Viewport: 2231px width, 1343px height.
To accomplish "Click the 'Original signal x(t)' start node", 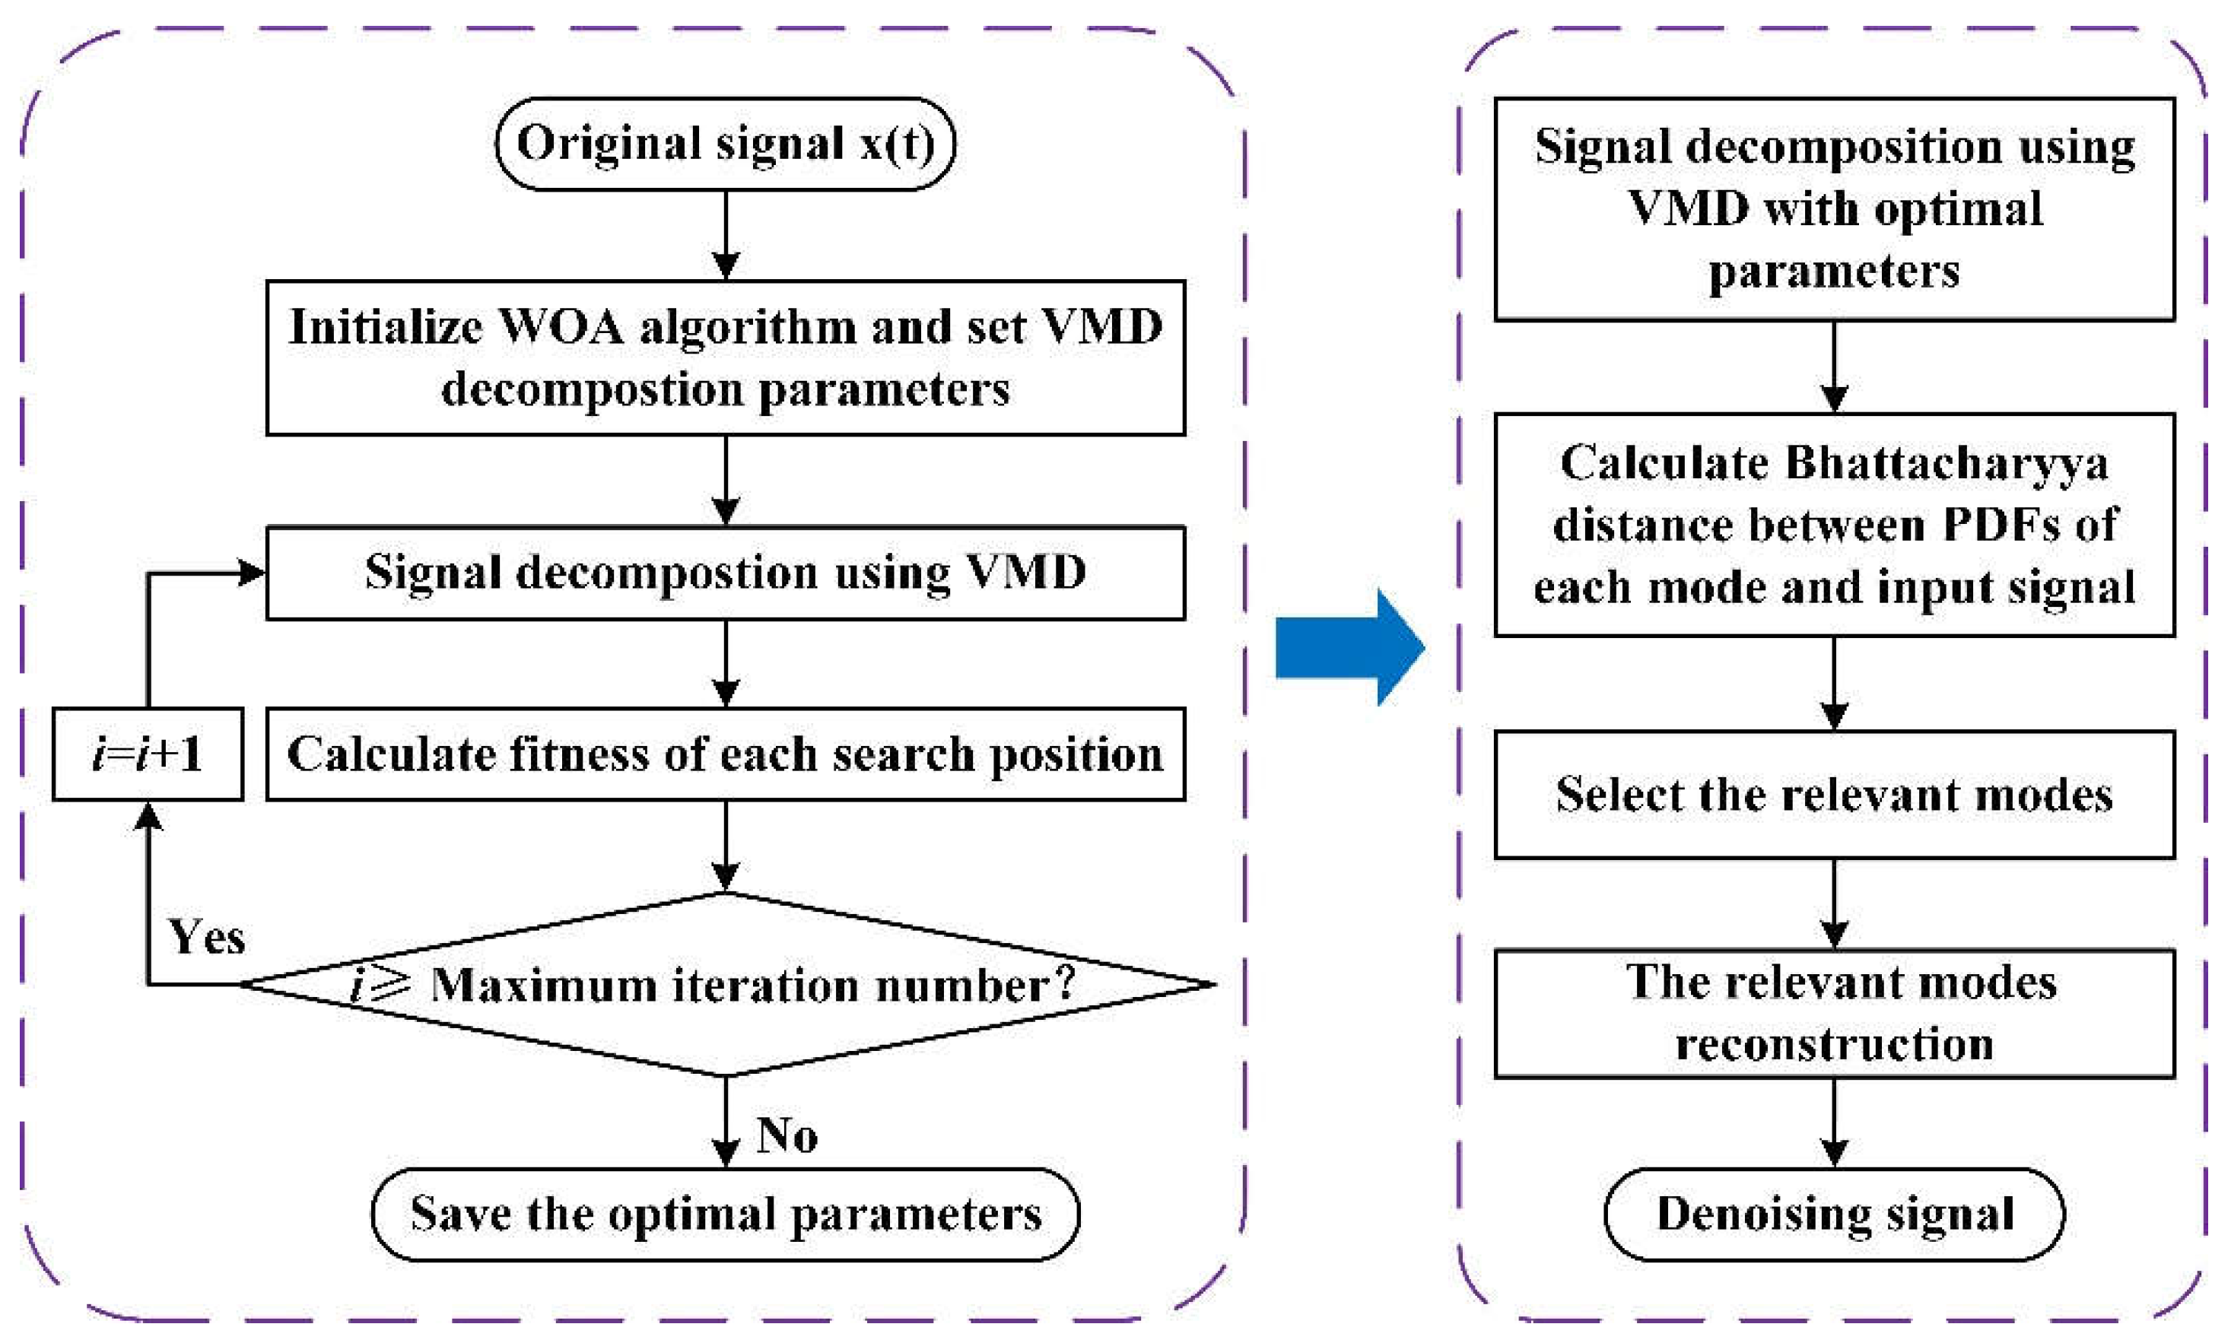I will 725,144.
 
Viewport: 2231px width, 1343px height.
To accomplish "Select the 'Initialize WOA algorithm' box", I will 725,357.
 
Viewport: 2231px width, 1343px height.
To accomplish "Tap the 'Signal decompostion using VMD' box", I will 725,573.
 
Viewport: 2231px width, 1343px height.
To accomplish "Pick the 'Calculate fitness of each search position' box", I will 725,754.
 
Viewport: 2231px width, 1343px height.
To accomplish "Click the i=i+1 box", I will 148,754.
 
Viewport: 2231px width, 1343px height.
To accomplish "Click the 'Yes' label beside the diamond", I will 206,937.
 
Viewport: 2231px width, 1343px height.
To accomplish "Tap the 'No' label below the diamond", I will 786,1134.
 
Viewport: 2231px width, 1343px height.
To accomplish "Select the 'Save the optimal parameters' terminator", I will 725,1214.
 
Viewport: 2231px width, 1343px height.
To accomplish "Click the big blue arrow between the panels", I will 1349,647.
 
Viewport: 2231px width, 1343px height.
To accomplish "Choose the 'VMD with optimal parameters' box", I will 1834,209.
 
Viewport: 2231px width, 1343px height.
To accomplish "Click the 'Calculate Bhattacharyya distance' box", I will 1834,525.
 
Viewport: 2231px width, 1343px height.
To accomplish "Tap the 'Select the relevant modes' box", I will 1834,795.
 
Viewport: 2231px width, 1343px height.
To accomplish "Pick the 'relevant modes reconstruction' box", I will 1834,1014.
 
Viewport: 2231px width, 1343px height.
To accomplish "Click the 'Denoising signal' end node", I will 1834,1214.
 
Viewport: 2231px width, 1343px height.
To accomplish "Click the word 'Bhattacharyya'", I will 1946,463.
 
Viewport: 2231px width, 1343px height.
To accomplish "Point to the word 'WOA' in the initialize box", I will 561,327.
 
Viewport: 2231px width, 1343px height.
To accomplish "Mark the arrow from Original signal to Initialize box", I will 726,235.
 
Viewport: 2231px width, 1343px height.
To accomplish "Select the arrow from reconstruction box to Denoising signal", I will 1834,1122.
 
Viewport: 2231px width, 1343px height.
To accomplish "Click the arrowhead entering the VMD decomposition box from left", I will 252,573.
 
